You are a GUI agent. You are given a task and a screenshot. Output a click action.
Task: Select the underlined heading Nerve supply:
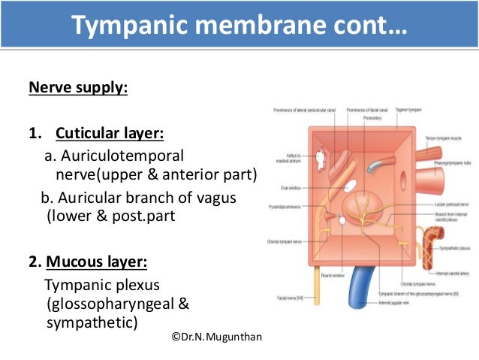click(x=78, y=89)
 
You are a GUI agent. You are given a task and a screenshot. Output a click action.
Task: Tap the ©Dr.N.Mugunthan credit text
click(x=217, y=337)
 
